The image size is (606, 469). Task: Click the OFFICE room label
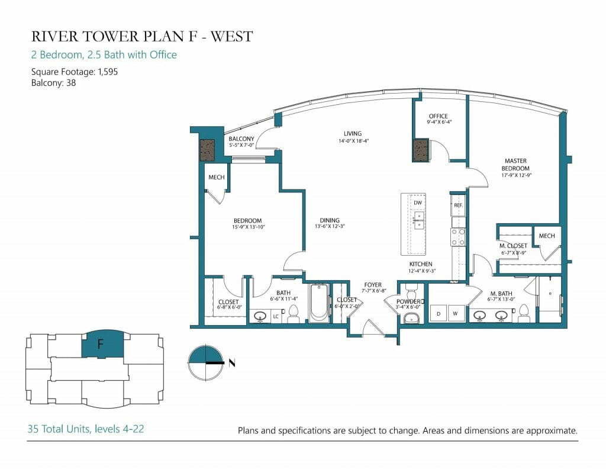pyautogui.click(x=439, y=116)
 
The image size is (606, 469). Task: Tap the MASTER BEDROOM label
pyautogui.click(x=515, y=165)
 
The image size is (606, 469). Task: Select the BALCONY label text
pyautogui.click(x=241, y=139)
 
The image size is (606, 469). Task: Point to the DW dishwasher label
pyautogui.click(x=418, y=203)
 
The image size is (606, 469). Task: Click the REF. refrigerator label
pyautogui.click(x=459, y=205)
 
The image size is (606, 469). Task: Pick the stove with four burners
pyautogui.click(x=459, y=237)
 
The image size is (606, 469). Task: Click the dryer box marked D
pyautogui.click(x=439, y=314)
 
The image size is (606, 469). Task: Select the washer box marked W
pyautogui.click(x=455, y=314)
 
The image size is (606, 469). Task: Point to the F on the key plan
pyautogui.click(x=101, y=343)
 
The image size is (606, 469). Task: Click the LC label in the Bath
pyautogui.click(x=276, y=316)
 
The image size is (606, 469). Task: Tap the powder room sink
pyautogui.click(x=411, y=318)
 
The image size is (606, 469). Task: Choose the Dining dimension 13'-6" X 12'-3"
pyautogui.click(x=330, y=227)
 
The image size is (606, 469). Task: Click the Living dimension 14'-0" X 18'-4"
pyautogui.click(x=354, y=141)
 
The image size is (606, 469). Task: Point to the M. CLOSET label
pyautogui.click(x=513, y=246)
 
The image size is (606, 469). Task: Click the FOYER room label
pyautogui.click(x=373, y=285)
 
